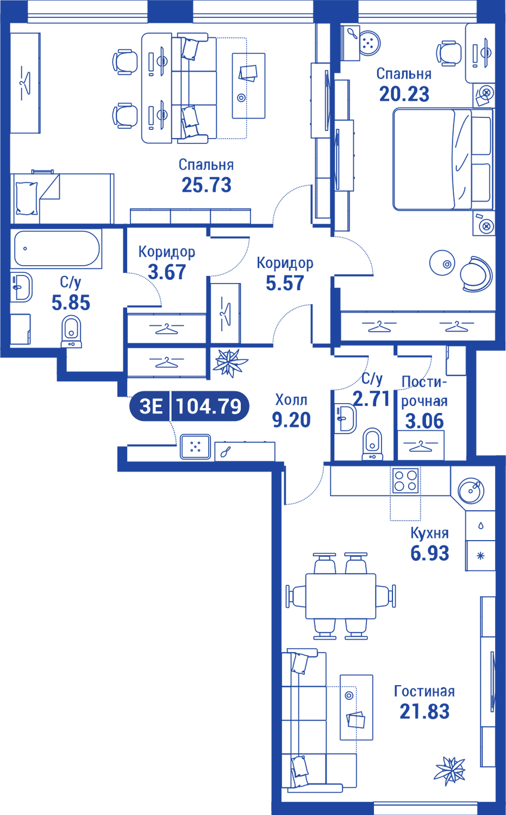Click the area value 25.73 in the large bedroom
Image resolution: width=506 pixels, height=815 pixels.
pyautogui.click(x=207, y=185)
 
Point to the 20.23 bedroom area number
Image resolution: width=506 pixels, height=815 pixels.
pyautogui.click(x=404, y=95)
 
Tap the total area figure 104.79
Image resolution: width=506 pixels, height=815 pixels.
pyautogui.click(x=209, y=406)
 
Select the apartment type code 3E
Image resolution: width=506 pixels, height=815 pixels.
pyautogui.click(x=151, y=406)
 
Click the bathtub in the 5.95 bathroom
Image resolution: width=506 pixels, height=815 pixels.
pyautogui.click(x=57, y=249)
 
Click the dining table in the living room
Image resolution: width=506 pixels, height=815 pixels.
pyautogui.click(x=341, y=595)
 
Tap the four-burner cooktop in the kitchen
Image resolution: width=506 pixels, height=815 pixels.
pyautogui.click(x=405, y=480)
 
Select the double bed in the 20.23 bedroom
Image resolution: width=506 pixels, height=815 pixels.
pyautogui.click(x=429, y=160)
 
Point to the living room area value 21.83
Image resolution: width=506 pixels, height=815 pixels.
pyautogui.click(x=424, y=711)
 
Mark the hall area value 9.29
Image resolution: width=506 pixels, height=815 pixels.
pyautogui.click(x=291, y=419)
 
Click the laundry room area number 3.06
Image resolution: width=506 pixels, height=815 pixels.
pyautogui.click(x=424, y=419)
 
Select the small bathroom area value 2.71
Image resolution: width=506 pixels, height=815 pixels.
pyautogui.click(x=371, y=400)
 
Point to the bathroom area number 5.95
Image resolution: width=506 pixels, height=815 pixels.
pyautogui.click(x=71, y=302)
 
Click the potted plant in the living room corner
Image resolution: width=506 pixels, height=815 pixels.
pyautogui.click(x=450, y=770)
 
